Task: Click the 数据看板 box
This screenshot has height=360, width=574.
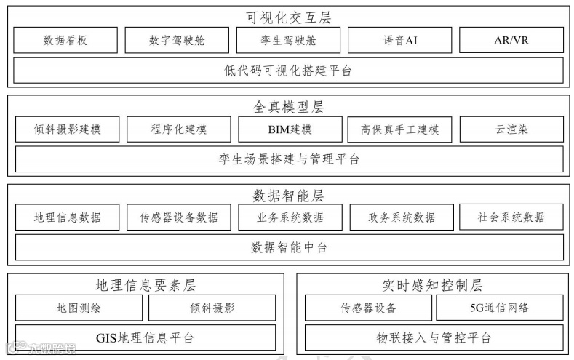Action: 65,40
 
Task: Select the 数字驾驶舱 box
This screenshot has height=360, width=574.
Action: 177,40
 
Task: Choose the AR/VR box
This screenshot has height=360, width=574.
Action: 511,40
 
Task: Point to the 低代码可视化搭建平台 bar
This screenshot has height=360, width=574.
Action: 289,71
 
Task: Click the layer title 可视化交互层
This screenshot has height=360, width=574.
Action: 289,17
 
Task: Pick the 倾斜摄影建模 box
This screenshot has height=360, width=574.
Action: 67,129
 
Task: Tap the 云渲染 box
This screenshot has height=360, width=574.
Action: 511,129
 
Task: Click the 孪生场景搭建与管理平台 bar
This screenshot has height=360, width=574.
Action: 289,159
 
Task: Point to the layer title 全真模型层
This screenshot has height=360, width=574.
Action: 289,107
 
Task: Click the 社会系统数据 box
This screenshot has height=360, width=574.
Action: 511,217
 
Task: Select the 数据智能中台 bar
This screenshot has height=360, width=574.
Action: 289,247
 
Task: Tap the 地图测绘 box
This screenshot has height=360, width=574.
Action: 79,308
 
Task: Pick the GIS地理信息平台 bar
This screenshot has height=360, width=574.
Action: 146,337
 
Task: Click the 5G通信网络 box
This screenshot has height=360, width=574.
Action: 499,308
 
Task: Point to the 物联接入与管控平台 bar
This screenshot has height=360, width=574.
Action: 434,337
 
